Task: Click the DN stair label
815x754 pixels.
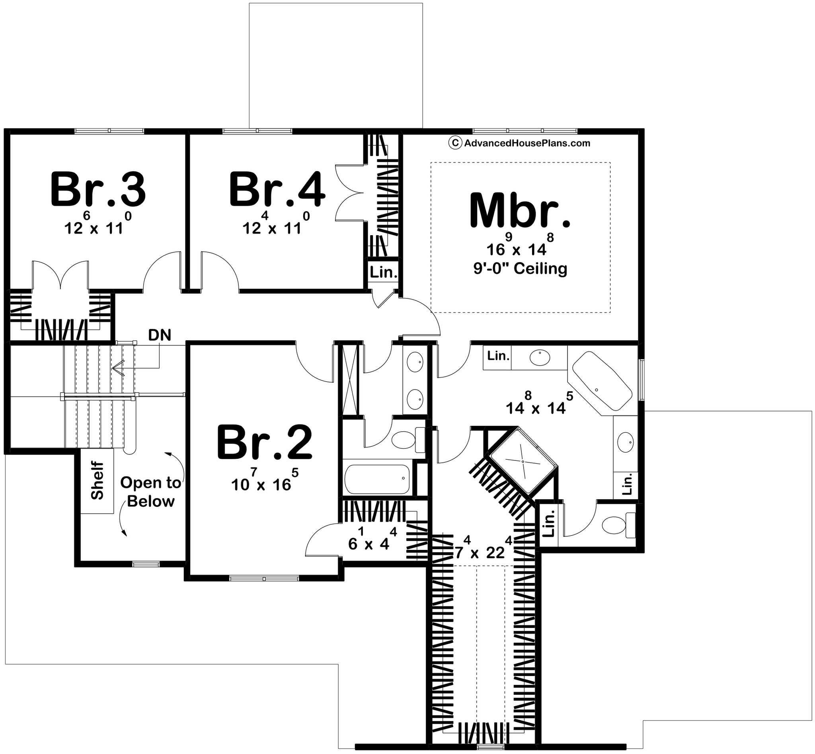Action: [x=160, y=335]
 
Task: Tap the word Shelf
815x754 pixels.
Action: [x=97, y=480]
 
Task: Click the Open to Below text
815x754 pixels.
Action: [x=150, y=492]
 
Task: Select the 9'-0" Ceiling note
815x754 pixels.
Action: [x=521, y=269]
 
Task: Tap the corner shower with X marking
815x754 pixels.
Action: [x=523, y=461]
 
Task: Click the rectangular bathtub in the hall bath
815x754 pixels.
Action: [x=377, y=479]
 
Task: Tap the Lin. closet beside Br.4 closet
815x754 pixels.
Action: [x=384, y=273]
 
